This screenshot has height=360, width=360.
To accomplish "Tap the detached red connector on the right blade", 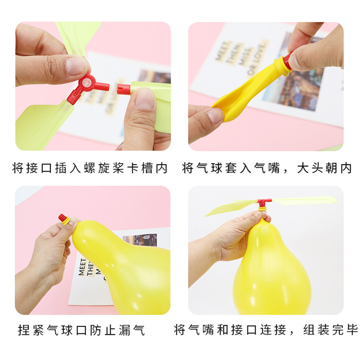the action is [123, 89].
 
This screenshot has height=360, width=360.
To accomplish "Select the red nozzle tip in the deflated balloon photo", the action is [287, 60].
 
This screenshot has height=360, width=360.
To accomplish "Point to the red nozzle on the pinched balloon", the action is [63, 218].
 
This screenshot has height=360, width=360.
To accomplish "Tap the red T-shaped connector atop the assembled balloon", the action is [264, 203].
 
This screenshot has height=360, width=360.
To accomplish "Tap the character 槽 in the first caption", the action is [147, 168].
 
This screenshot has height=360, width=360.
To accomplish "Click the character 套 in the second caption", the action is [231, 168].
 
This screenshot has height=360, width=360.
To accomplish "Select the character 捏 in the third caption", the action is [24, 330].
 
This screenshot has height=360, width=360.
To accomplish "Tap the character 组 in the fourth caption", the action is [309, 330].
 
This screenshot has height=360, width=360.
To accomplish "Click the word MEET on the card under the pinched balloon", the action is [82, 267].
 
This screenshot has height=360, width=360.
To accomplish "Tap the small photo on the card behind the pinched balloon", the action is [140, 240].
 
